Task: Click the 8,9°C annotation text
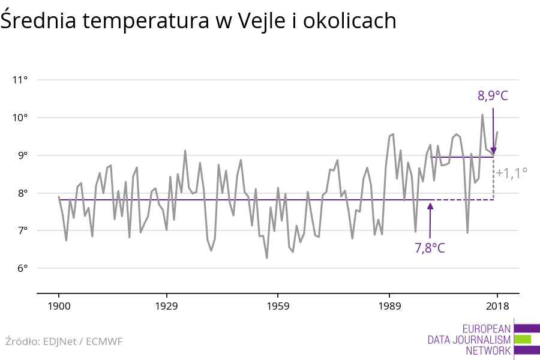(x=493, y=95)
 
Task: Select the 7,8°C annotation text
(x=430, y=247)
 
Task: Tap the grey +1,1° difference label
(x=512, y=173)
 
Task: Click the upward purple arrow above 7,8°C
(x=430, y=219)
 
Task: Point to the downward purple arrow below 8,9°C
(x=493, y=132)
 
